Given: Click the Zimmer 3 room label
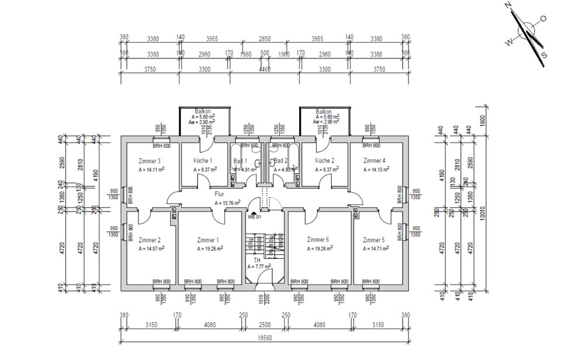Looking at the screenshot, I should [x=150, y=161].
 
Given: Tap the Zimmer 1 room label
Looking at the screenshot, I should [x=208, y=240].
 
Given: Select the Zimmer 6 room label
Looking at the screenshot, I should [x=318, y=240].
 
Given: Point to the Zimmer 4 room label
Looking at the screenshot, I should [x=374, y=161].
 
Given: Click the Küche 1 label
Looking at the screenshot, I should [x=203, y=161].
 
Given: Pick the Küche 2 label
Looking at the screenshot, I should [x=324, y=161].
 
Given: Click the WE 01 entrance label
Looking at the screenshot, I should [x=254, y=217].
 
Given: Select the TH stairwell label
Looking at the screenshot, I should [x=257, y=259].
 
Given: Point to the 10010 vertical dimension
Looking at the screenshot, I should [x=482, y=213].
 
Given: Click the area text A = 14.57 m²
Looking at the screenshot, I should [x=151, y=248].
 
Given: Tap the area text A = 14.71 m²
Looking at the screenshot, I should [x=375, y=248].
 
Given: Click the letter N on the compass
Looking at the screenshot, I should [x=508, y=5].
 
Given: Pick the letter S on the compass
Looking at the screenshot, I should [x=544, y=55].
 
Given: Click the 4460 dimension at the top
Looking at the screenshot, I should [x=265, y=68].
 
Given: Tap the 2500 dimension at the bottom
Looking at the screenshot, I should [x=265, y=324].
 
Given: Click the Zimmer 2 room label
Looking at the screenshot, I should [x=150, y=240].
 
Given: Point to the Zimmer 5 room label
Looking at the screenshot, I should [x=373, y=240].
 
